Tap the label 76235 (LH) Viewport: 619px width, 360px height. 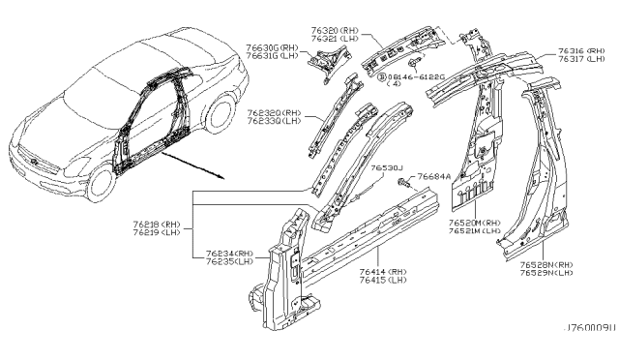pos(230,260)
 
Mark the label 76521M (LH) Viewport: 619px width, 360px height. pos(474,230)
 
